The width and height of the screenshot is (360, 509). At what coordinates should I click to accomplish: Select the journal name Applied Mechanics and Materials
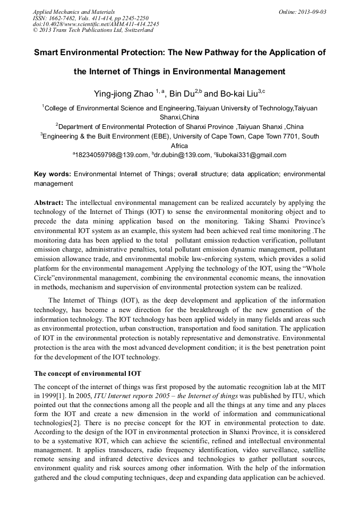(x=74, y=11)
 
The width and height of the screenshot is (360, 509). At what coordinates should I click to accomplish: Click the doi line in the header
(x=96, y=24)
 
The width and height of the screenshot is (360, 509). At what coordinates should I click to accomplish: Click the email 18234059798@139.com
(x=112, y=155)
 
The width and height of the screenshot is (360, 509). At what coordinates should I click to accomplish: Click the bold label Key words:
(x=52, y=174)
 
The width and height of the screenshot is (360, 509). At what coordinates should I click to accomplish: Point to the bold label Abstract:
(x=49, y=203)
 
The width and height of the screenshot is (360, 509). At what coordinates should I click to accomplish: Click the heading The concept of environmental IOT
(x=87, y=373)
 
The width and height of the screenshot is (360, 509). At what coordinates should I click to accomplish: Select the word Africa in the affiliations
(x=179, y=146)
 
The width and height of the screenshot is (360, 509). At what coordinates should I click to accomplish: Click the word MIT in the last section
(x=318, y=387)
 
